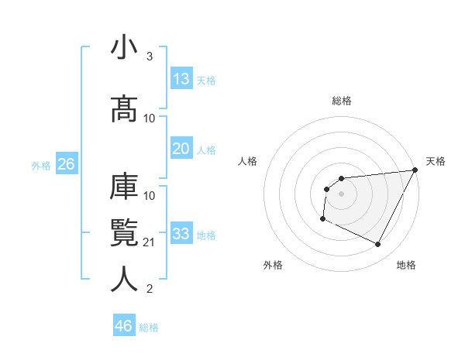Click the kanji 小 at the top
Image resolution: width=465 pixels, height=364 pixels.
click(x=123, y=48)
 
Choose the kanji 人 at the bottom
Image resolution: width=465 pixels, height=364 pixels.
click(x=123, y=279)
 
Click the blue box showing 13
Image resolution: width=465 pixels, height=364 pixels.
click(x=181, y=79)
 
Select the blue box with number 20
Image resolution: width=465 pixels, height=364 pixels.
click(x=181, y=149)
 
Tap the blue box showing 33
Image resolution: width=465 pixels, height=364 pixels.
click(x=181, y=234)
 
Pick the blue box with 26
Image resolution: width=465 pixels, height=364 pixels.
click(x=66, y=164)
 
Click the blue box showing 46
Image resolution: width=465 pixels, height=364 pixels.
click(x=124, y=326)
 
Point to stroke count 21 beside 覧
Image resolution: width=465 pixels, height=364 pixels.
click(x=150, y=242)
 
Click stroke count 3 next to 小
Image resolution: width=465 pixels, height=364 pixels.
click(x=149, y=57)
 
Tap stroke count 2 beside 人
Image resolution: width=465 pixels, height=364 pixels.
click(x=149, y=289)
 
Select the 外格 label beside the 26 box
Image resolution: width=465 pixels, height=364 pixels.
click(x=41, y=165)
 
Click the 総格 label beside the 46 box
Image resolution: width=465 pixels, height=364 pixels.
click(x=149, y=327)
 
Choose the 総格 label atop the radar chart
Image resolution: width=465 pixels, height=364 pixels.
click(x=341, y=101)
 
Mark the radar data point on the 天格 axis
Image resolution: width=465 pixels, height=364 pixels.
click(x=415, y=170)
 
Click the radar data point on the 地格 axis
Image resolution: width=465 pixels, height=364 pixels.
click(x=378, y=245)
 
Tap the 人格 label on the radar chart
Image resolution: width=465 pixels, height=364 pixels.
click(x=248, y=161)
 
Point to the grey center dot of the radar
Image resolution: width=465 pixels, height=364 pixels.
click(x=341, y=194)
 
